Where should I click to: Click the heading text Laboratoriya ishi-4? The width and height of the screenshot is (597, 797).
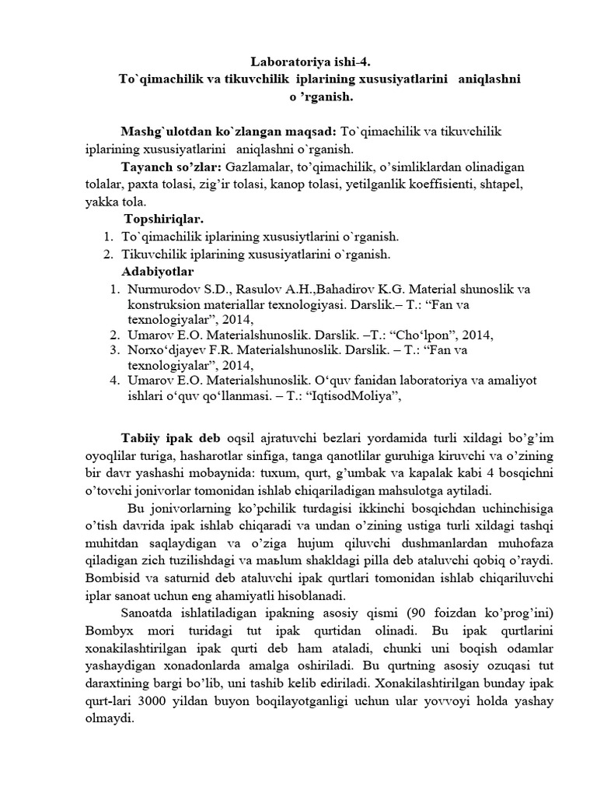[x=305, y=61]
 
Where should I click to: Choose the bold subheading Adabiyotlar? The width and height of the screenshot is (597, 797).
[x=158, y=271]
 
